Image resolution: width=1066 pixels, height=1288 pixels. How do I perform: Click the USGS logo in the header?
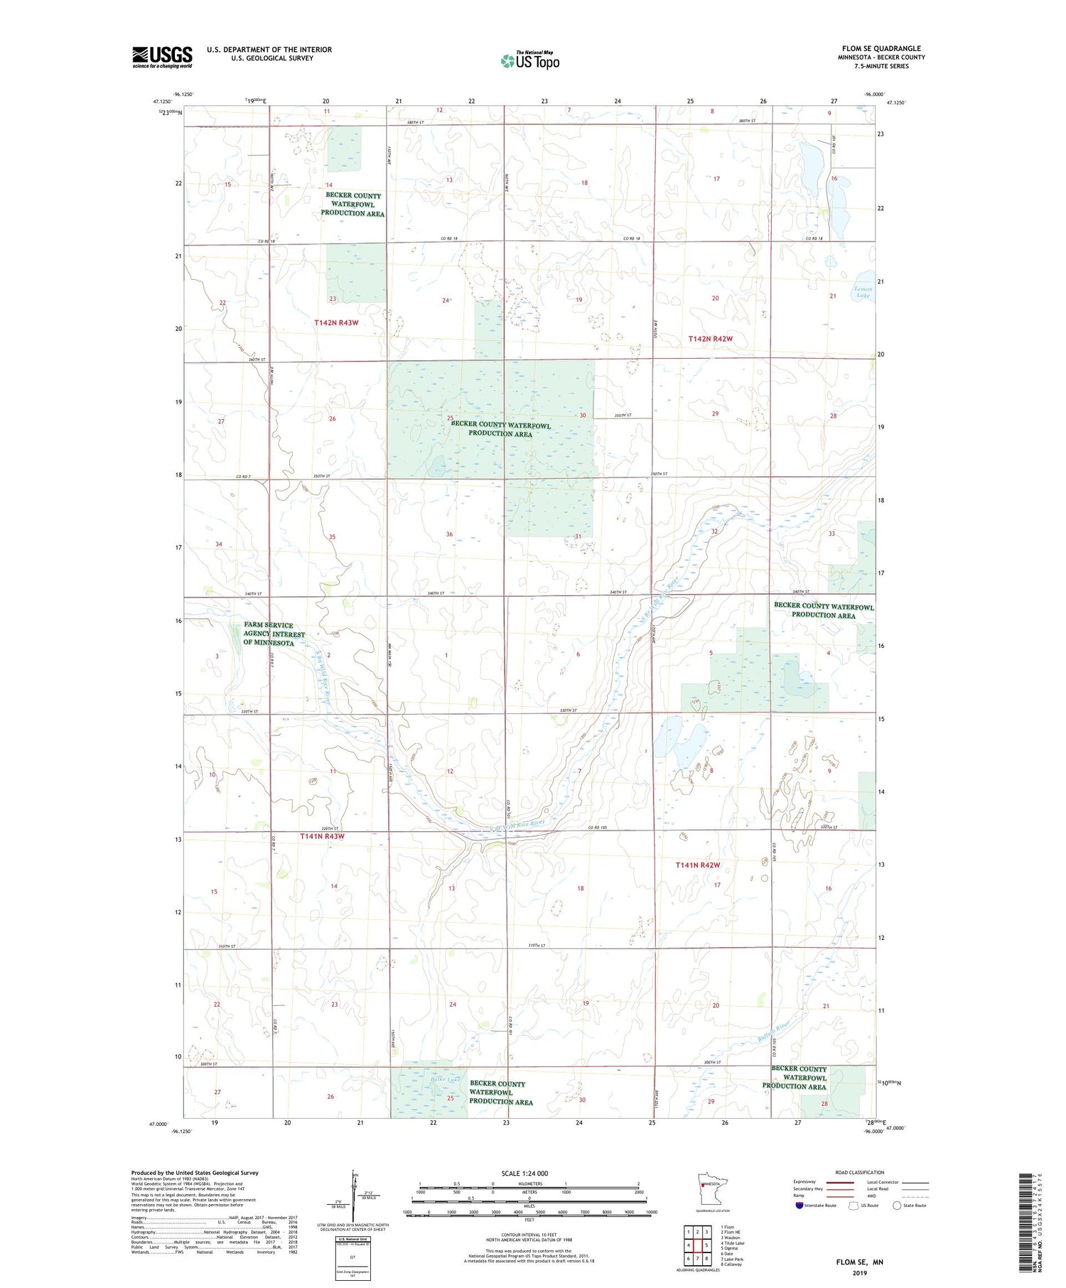coord(162,57)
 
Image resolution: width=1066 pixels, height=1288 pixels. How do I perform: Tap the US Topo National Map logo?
coord(530,60)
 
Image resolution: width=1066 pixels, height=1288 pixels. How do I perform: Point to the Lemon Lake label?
coord(863,292)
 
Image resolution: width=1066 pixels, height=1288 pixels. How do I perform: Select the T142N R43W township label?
coord(336,323)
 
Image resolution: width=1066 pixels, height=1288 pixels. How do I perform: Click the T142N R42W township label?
coord(710,339)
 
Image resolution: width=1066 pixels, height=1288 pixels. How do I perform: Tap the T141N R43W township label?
coord(322,836)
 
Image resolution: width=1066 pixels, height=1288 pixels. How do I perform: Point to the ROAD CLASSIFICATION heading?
coord(860,1172)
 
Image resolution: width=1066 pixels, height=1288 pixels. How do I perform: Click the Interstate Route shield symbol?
coord(799,1205)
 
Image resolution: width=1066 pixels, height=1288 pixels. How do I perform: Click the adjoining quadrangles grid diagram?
coord(697,1245)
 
